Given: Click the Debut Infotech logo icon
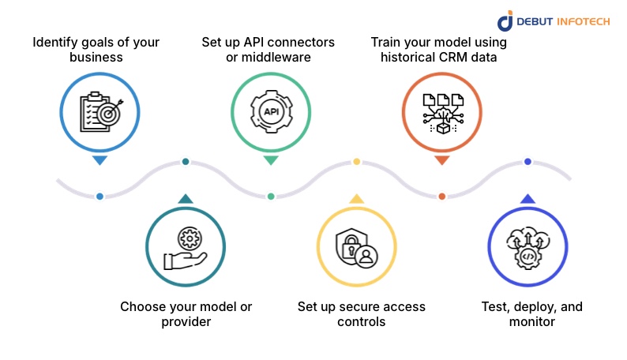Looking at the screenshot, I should (505, 21).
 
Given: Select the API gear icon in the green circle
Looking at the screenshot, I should (271, 111).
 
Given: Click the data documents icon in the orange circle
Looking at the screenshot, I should (441, 111).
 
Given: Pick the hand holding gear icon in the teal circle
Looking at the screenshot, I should (186, 249).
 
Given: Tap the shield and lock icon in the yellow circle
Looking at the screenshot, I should (356, 249).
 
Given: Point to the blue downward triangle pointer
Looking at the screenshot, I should (99, 160).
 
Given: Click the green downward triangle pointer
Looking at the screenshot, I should (271, 160).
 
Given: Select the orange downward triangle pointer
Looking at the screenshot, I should (441, 160).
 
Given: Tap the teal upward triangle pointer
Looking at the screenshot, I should (186, 199).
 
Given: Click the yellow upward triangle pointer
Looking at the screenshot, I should (356, 199).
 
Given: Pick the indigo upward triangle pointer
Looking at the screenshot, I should (528, 199).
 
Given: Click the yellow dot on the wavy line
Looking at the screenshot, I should (356, 162).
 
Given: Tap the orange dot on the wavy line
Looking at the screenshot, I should (441, 196).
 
